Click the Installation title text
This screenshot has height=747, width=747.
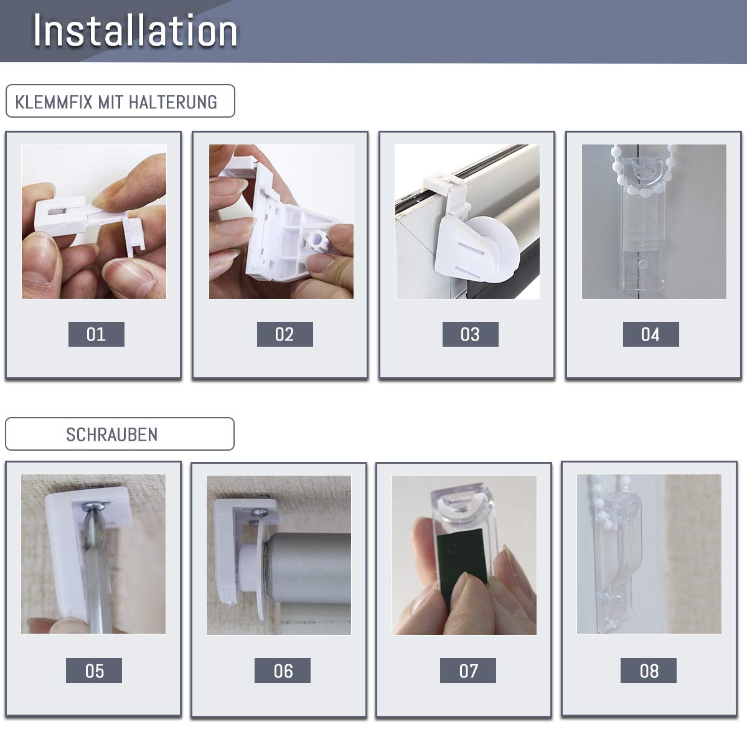[x=135, y=31]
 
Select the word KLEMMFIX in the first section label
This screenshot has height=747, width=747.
[x=54, y=102]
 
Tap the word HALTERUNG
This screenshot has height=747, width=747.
[x=173, y=102]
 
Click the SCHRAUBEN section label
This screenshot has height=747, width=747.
[x=111, y=435]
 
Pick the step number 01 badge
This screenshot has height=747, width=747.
[x=96, y=334]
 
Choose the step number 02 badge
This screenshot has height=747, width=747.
[x=284, y=334]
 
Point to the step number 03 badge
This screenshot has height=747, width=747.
[x=470, y=334]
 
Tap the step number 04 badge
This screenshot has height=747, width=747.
[x=651, y=334]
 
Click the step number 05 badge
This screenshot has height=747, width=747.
[x=94, y=670]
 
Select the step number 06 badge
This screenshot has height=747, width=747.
[x=282, y=670]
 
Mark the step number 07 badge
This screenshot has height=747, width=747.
[x=468, y=670]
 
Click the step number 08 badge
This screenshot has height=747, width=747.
[x=649, y=670]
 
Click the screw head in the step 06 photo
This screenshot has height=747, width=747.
[x=258, y=513]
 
